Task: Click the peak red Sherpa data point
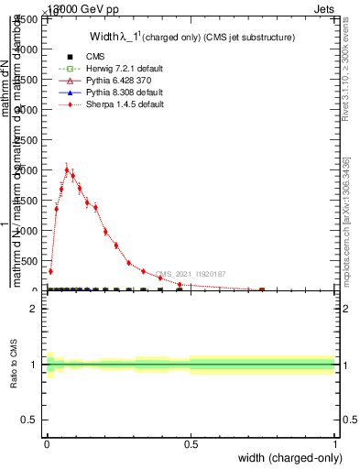67,169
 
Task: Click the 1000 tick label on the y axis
29,231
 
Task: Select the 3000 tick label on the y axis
29,110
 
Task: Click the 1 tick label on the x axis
335,445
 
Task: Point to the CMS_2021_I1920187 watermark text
191,274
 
